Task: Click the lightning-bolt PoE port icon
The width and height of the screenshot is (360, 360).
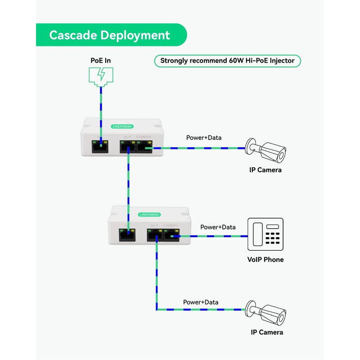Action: [101, 75]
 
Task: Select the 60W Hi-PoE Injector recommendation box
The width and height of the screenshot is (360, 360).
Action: [227, 61]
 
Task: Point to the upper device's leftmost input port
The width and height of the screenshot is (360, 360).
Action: [99, 147]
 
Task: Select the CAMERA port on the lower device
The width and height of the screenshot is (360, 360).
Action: [171, 234]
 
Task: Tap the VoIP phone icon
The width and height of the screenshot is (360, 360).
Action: [266, 234]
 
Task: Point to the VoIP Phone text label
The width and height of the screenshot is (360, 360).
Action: [265, 260]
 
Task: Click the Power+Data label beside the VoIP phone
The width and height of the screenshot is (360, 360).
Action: [218, 227]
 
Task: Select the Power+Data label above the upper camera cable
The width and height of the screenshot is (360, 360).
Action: [204, 137]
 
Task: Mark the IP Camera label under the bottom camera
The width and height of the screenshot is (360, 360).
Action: [267, 332]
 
